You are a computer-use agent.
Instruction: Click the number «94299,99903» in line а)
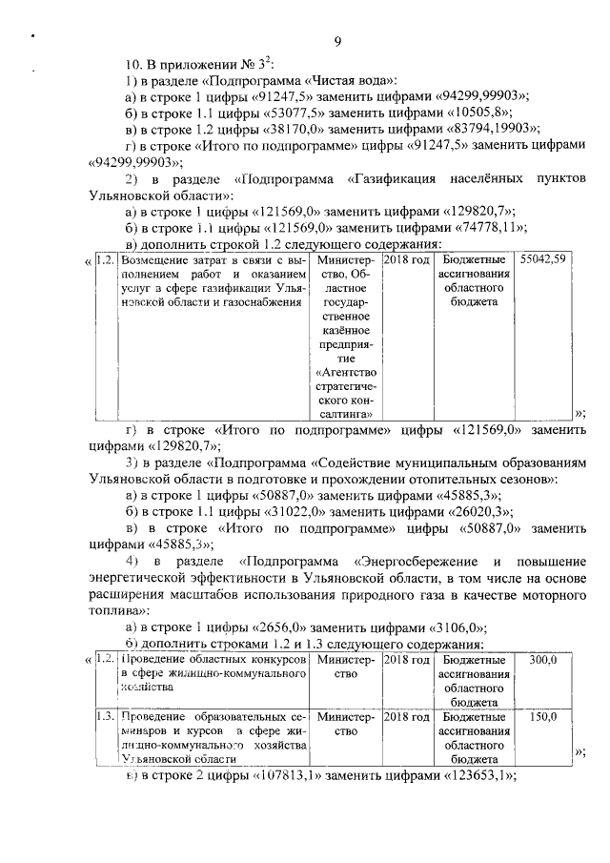(471, 96)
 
